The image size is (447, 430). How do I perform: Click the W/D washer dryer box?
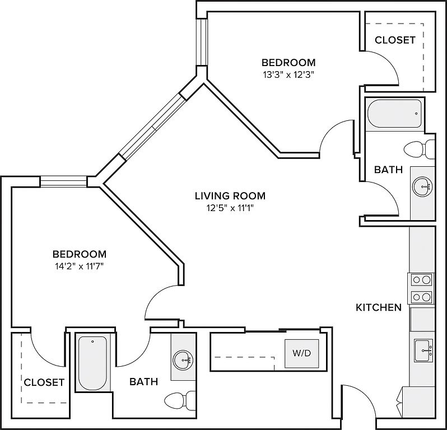point(302,354)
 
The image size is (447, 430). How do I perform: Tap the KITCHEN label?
point(379,307)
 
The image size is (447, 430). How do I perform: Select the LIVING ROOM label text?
point(230,196)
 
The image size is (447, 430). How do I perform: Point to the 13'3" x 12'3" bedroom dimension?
point(288,76)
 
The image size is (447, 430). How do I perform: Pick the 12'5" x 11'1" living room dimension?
point(230,209)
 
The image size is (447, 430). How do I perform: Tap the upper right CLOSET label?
point(395,40)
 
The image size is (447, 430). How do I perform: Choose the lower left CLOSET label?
point(44,382)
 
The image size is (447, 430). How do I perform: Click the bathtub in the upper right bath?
point(394,115)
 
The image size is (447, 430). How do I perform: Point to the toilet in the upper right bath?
point(419,149)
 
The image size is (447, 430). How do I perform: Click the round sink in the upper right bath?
point(422,186)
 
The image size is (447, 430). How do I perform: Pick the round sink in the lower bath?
point(183,359)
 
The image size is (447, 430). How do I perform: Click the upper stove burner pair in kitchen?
point(421,279)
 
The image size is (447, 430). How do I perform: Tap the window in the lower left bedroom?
point(63,181)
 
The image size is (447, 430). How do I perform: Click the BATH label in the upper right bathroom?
point(388,170)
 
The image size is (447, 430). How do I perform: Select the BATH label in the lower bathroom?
point(143,382)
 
